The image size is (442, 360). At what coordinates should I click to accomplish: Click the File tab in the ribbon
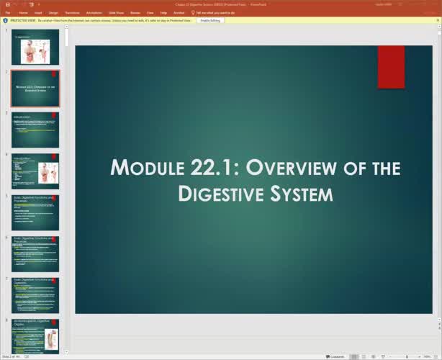pyautogui.click(x=7, y=13)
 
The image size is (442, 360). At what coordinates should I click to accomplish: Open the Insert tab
pyautogui.click(x=37, y=13)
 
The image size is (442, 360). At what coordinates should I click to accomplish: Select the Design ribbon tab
pyautogui.click(x=53, y=13)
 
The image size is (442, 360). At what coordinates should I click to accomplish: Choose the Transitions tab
pyautogui.click(x=72, y=13)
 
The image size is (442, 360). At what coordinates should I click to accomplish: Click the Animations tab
pyautogui.click(x=94, y=13)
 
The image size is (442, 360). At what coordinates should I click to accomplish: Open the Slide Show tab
pyautogui.click(x=116, y=13)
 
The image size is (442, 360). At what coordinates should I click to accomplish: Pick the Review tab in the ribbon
pyautogui.click(x=135, y=13)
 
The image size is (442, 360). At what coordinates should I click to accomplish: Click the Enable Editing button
pyautogui.click(x=210, y=20)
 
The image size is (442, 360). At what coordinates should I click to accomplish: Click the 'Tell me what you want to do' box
pyautogui.click(x=215, y=13)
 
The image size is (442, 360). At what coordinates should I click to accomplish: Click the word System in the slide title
pyautogui.click(x=305, y=193)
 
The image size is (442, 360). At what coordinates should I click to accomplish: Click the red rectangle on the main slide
pyautogui.click(x=391, y=67)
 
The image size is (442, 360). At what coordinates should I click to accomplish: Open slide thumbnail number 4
pyautogui.click(x=35, y=171)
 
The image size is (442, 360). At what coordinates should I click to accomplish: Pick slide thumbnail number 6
pyautogui.click(x=35, y=253)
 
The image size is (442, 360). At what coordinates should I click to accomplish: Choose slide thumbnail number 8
pyautogui.click(x=35, y=336)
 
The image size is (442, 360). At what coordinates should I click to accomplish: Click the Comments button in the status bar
pyautogui.click(x=335, y=356)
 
